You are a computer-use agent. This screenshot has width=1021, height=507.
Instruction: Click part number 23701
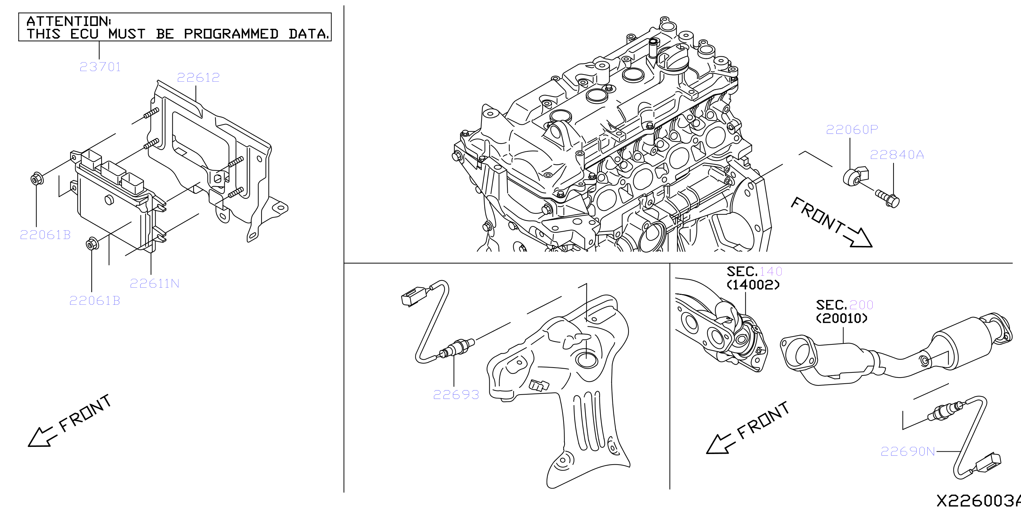click(x=100, y=67)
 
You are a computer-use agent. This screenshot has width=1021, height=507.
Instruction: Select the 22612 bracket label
click(x=198, y=77)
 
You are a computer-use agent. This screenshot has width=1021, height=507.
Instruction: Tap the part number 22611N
click(x=155, y=283)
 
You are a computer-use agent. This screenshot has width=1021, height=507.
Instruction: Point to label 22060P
click(x=852, y=129)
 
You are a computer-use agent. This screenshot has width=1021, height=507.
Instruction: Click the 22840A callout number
click(x=897, y=154)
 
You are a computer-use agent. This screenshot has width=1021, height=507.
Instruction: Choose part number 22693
click(x=456, y=395)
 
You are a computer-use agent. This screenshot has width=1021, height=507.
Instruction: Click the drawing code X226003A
click(x=979, y=500)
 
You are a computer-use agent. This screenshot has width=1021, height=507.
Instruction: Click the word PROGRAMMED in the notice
click(x=231, y=34)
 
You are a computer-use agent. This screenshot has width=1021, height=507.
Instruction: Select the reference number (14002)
click(x=753, y=284)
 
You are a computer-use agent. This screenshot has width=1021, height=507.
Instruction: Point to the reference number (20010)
click(x=841, y=318)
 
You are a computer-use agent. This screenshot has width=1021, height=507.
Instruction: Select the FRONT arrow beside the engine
click(x=832, y=223)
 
